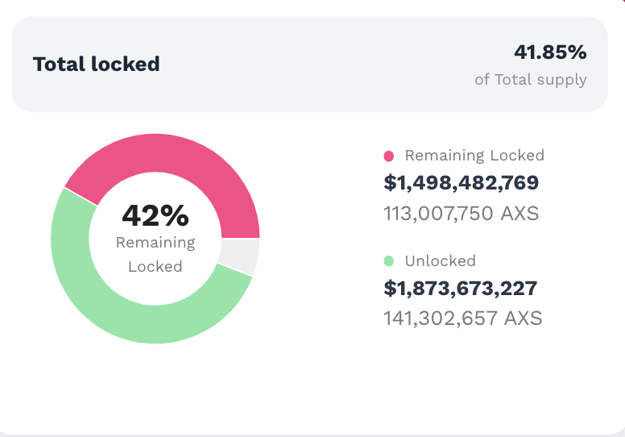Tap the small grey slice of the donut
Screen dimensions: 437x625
pos(240,256)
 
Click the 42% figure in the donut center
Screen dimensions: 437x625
pos(155,215)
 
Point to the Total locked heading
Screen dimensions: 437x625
pos(96,64)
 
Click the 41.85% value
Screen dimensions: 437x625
pos(550,52)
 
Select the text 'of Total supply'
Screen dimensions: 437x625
pos(530,80)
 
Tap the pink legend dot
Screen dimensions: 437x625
pos(389,156)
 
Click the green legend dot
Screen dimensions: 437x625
pos(389,261)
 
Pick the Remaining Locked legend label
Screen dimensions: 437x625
pos(474,156)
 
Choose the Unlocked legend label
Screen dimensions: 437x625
pos(440,261)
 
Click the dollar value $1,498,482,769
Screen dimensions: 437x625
pos(462,183)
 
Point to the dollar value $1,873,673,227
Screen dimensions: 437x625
pos(461,288)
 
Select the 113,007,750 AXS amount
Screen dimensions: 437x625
pos(461,214)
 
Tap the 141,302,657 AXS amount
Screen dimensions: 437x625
pos(462,318)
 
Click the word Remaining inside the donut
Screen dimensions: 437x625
pos(155,242)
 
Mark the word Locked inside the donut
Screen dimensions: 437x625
pos(155,266)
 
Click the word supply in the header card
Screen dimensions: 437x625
pos(563,80)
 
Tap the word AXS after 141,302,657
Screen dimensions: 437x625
pos(523,318)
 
